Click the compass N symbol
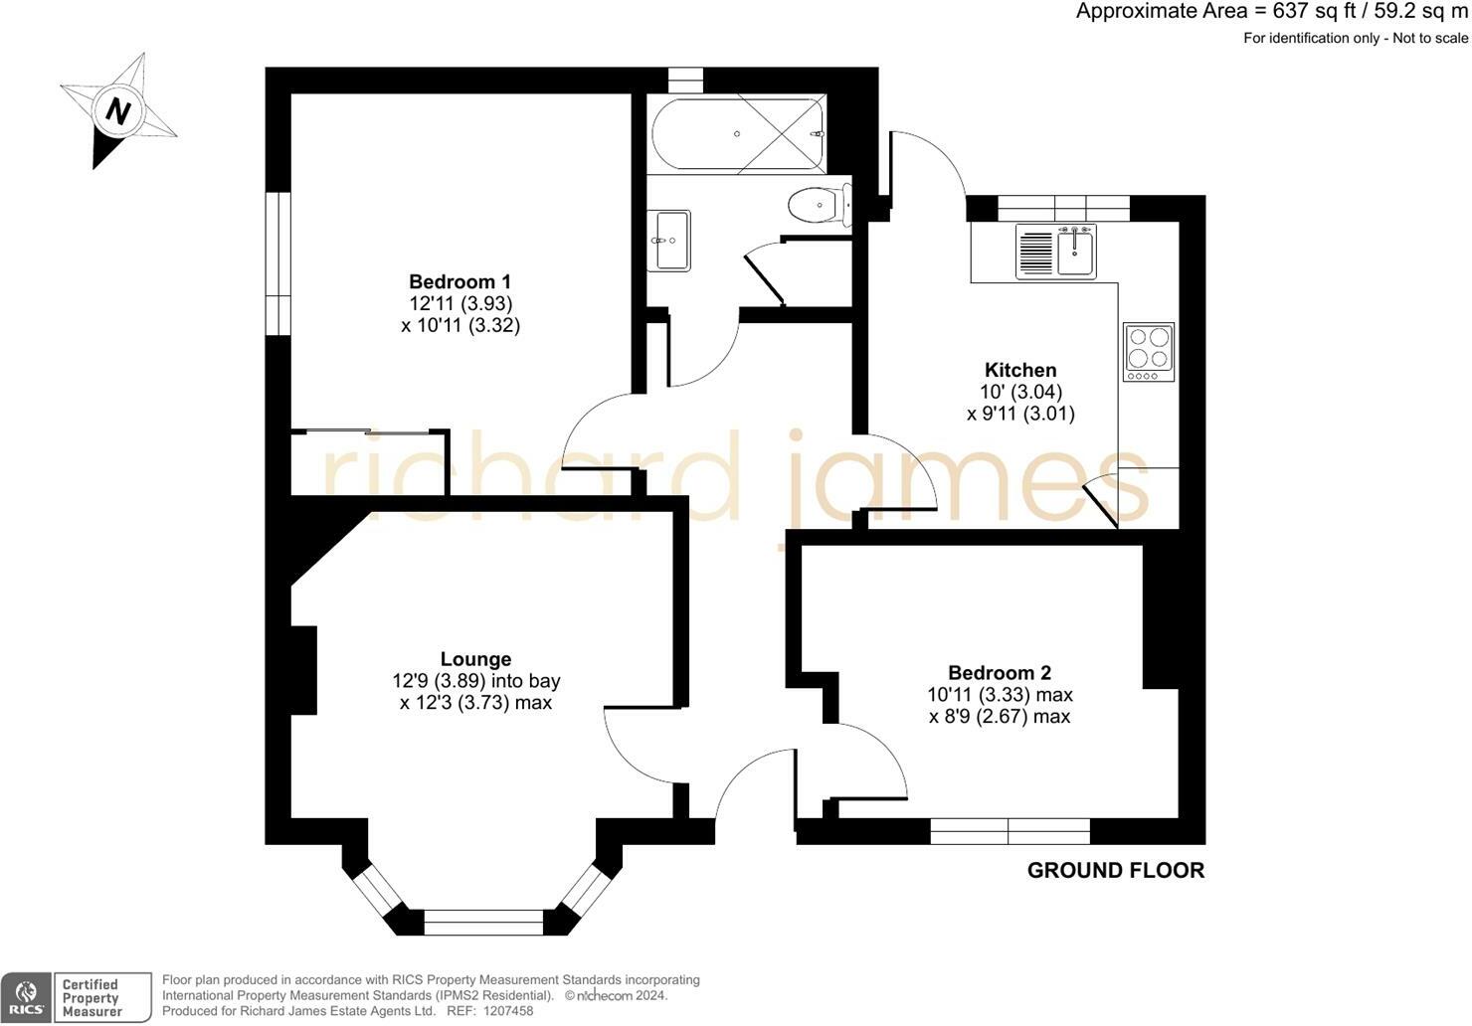pyautogui.click(x=118, y=110)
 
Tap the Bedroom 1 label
pyautogui.click(x=460, y=281)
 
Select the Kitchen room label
pyautogui.click(x=1020, y=370)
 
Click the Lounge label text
pyautogui.click(x=475, y=659)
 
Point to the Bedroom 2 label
pyautogui.click(x=999, y=673)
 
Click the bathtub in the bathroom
pyautogui.click(x=738, y=134)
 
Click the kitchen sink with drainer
pyautogui.click(x=1055, y=251)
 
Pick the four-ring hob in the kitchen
pyautogui.click(x=1149, y=352)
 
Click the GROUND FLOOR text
pyautogui.click(x=1115, y=871)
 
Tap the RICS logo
pyautogui.click(x=27, y=997)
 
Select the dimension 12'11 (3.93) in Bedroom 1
pyautogui.click(x=460, y=303)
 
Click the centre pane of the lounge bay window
pyautogui.click(x=483, y=922)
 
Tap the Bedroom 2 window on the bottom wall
pyautogui.click(x=1010, y=830)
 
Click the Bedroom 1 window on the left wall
pyautogui.click(x=277, y=263)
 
